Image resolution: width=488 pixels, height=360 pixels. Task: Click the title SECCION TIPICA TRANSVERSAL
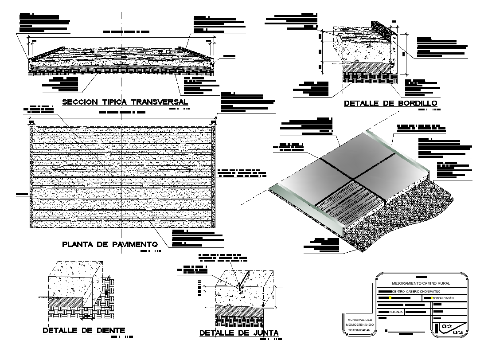tap(125, 102)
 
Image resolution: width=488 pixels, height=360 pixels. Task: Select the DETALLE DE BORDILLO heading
tap(391, 104)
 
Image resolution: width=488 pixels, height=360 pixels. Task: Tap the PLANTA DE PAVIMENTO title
tap(110, 244)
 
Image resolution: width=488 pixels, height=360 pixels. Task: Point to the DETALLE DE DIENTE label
tap(84, 330)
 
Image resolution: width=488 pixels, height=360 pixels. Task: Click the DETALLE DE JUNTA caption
tap(238, 333)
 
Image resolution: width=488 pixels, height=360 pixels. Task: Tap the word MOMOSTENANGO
tap(359, 325)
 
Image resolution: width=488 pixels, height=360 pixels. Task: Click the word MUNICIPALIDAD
tap(359, 320)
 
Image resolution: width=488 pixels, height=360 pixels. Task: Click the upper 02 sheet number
tap(447, 327)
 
